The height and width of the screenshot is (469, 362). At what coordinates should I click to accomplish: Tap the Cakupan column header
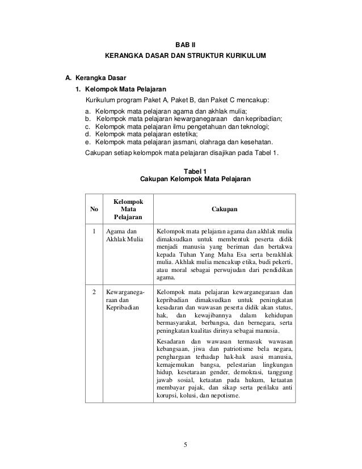pyautogui.click(x=224, y=210)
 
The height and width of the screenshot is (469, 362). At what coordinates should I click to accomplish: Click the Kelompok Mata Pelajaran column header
pyautogui.click(x=128, y=210)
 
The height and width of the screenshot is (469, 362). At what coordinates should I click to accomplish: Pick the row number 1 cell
pyautogui.click(x=94, y=231)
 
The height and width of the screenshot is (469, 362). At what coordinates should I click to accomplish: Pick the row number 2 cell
pyautogui.click(x=94, y=292)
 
